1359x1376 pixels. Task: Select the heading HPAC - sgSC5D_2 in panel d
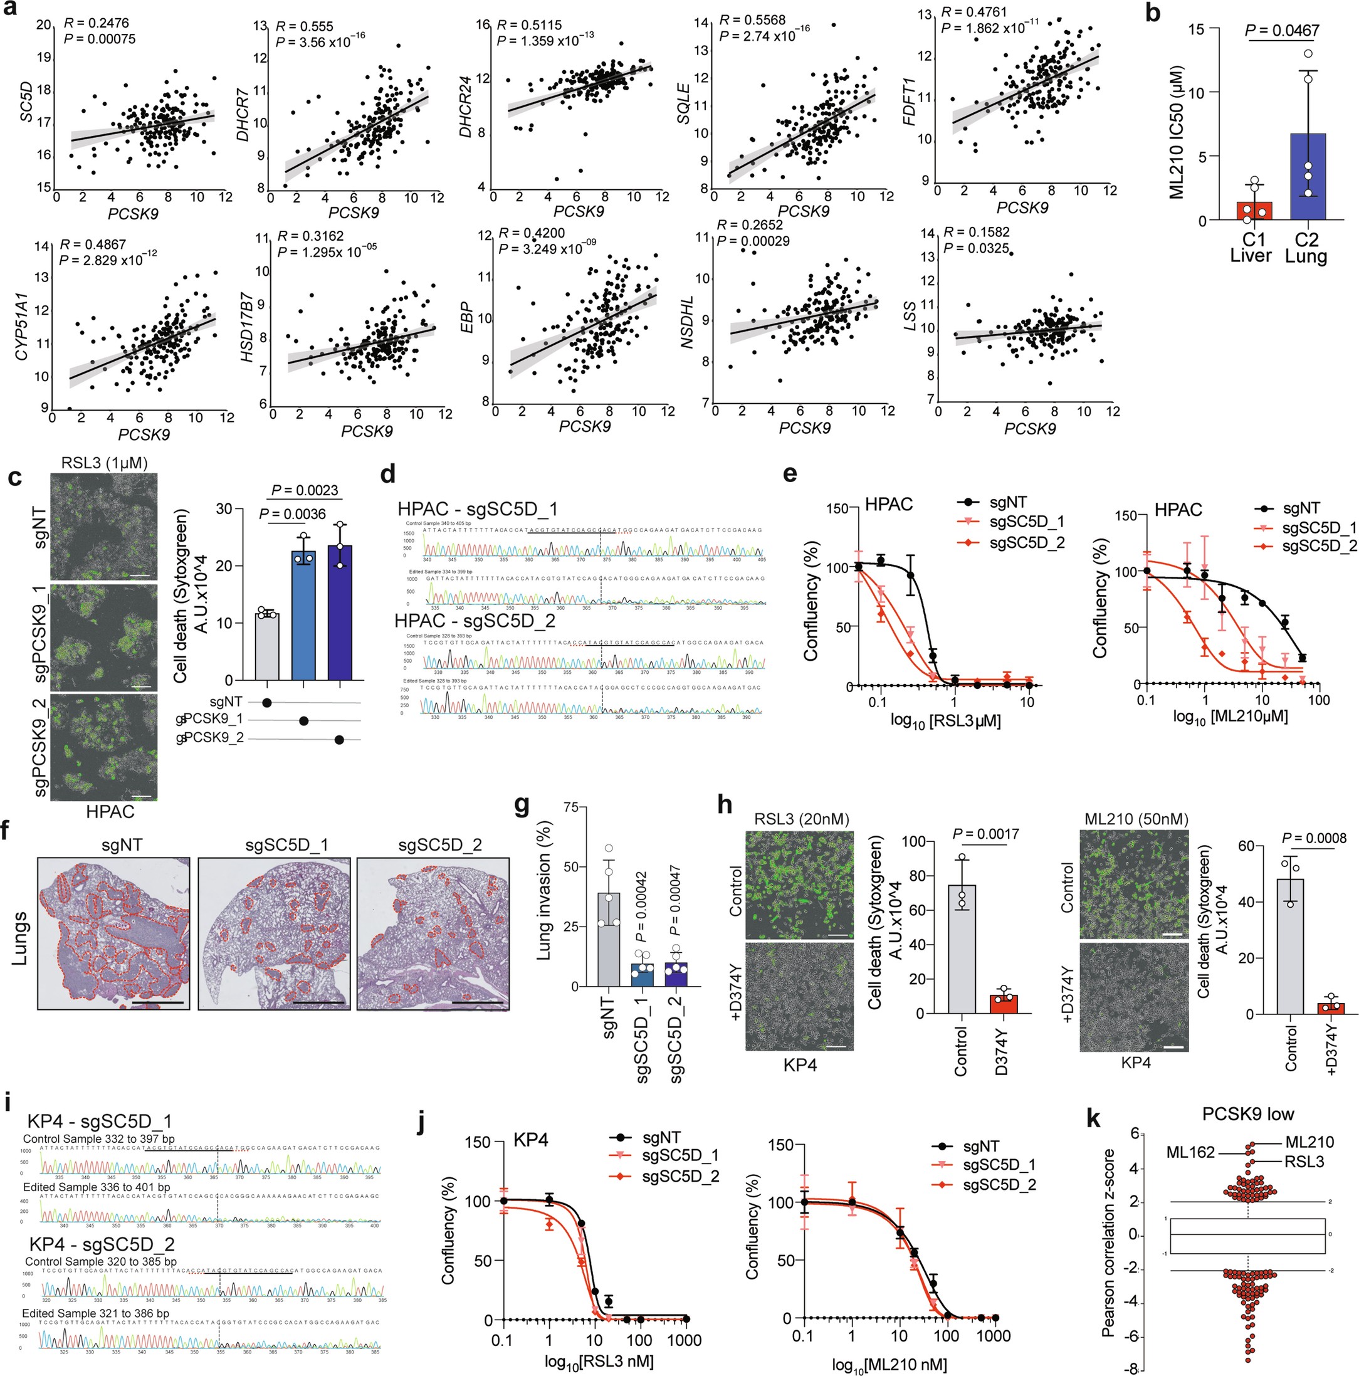[475, 621]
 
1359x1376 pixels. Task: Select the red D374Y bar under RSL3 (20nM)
[1003, 1004]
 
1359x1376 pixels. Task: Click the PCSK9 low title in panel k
[1247, 1115]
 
